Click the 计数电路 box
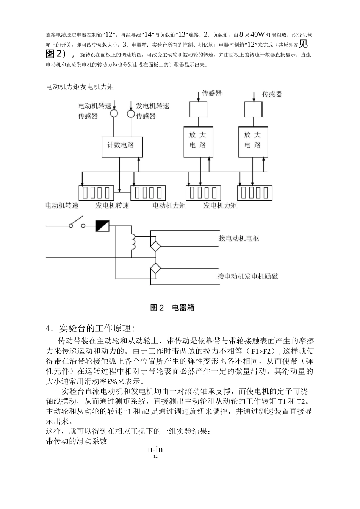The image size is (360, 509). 122,146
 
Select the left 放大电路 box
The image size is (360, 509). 198,141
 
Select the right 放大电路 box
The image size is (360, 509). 252,141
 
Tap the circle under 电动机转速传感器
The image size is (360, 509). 114,113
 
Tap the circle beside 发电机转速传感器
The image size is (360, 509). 130,113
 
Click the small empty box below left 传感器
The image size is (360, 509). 198,110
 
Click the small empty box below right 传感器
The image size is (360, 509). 253,110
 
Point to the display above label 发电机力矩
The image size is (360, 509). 255,193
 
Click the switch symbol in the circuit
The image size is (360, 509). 77,223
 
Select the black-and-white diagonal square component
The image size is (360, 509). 102,226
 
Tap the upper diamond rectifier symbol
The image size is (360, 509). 155,247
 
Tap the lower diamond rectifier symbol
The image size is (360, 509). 155,269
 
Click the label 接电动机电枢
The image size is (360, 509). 239,239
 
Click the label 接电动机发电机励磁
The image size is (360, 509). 247,276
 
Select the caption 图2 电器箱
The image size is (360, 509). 172,308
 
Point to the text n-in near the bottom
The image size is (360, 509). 155,450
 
